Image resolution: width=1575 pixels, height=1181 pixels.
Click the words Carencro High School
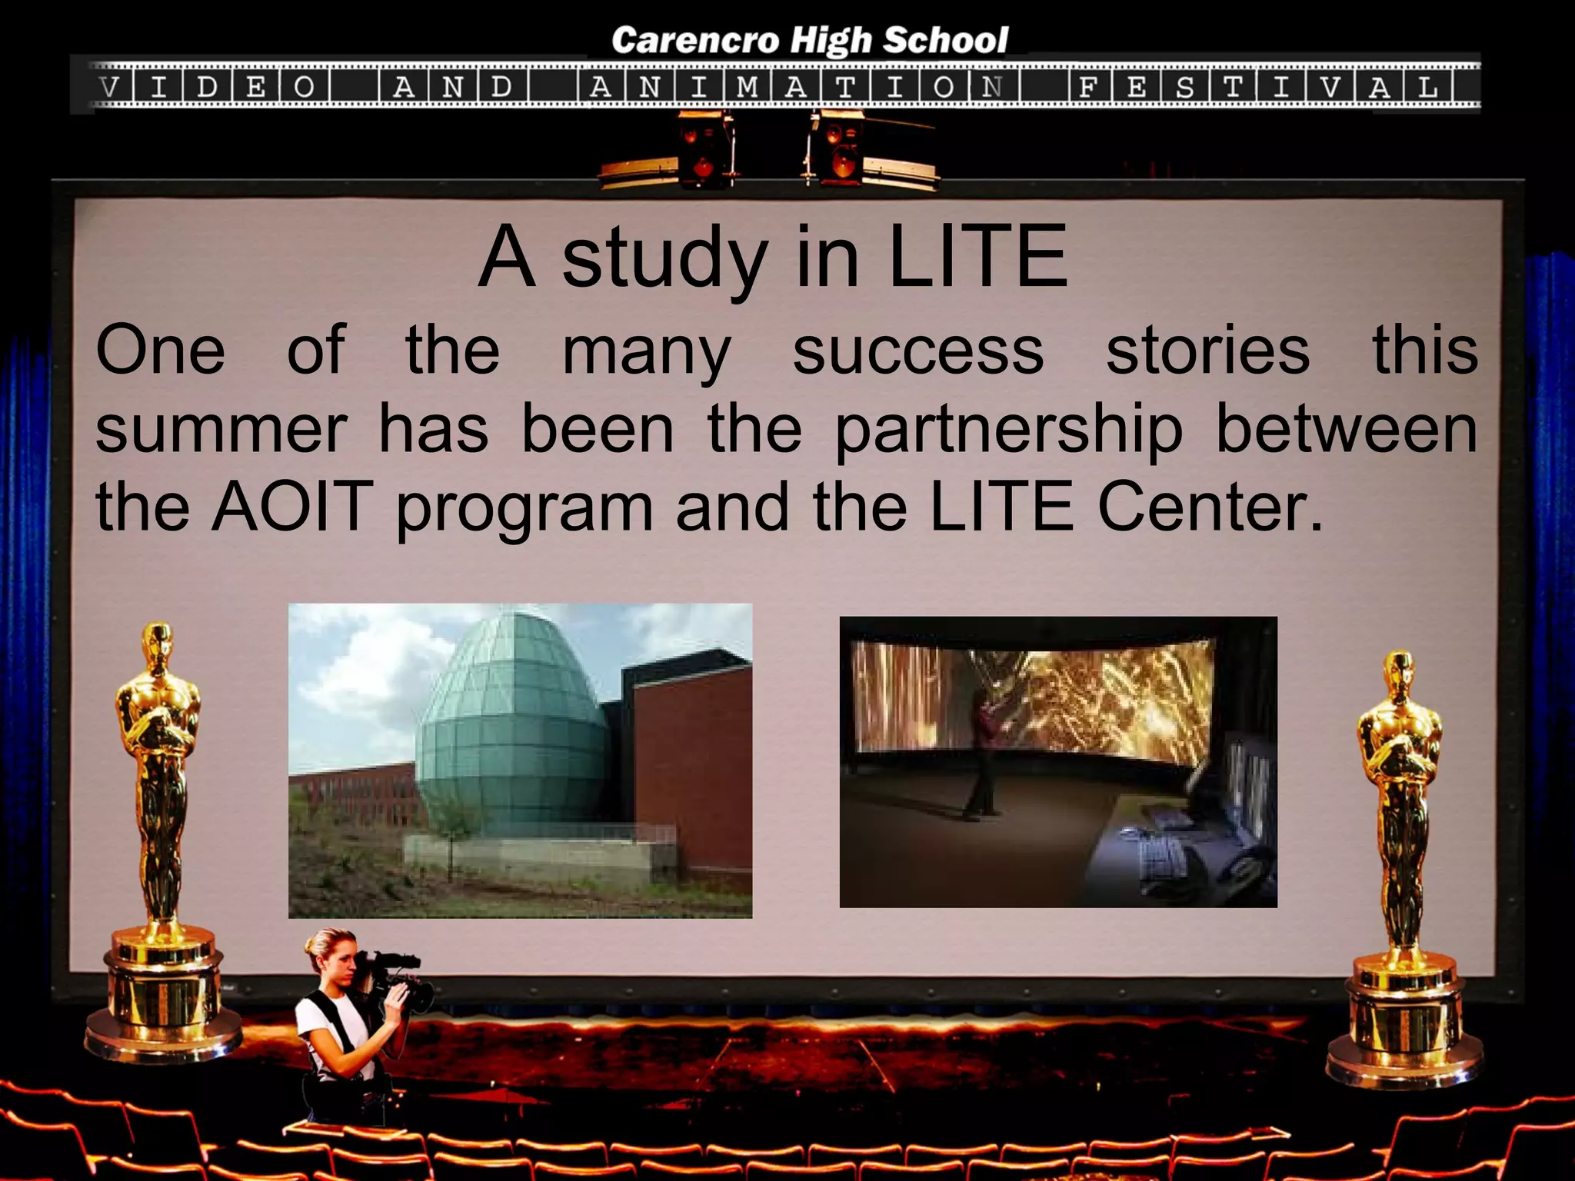pyautogui.click(x=809, y=41)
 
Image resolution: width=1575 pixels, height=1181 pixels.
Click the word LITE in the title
pyautogui.click(x=977, y=258)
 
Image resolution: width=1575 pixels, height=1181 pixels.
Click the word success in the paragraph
pyautogui.click(x=917, y=351)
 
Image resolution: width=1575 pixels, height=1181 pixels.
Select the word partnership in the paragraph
pyautogui.click(x=1008, y=431)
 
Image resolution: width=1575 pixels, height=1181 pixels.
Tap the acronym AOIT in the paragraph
pyautogui.click(x=292, y=507)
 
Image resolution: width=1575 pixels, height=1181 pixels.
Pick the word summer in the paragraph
pyautogui.click(x=221, y=431)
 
